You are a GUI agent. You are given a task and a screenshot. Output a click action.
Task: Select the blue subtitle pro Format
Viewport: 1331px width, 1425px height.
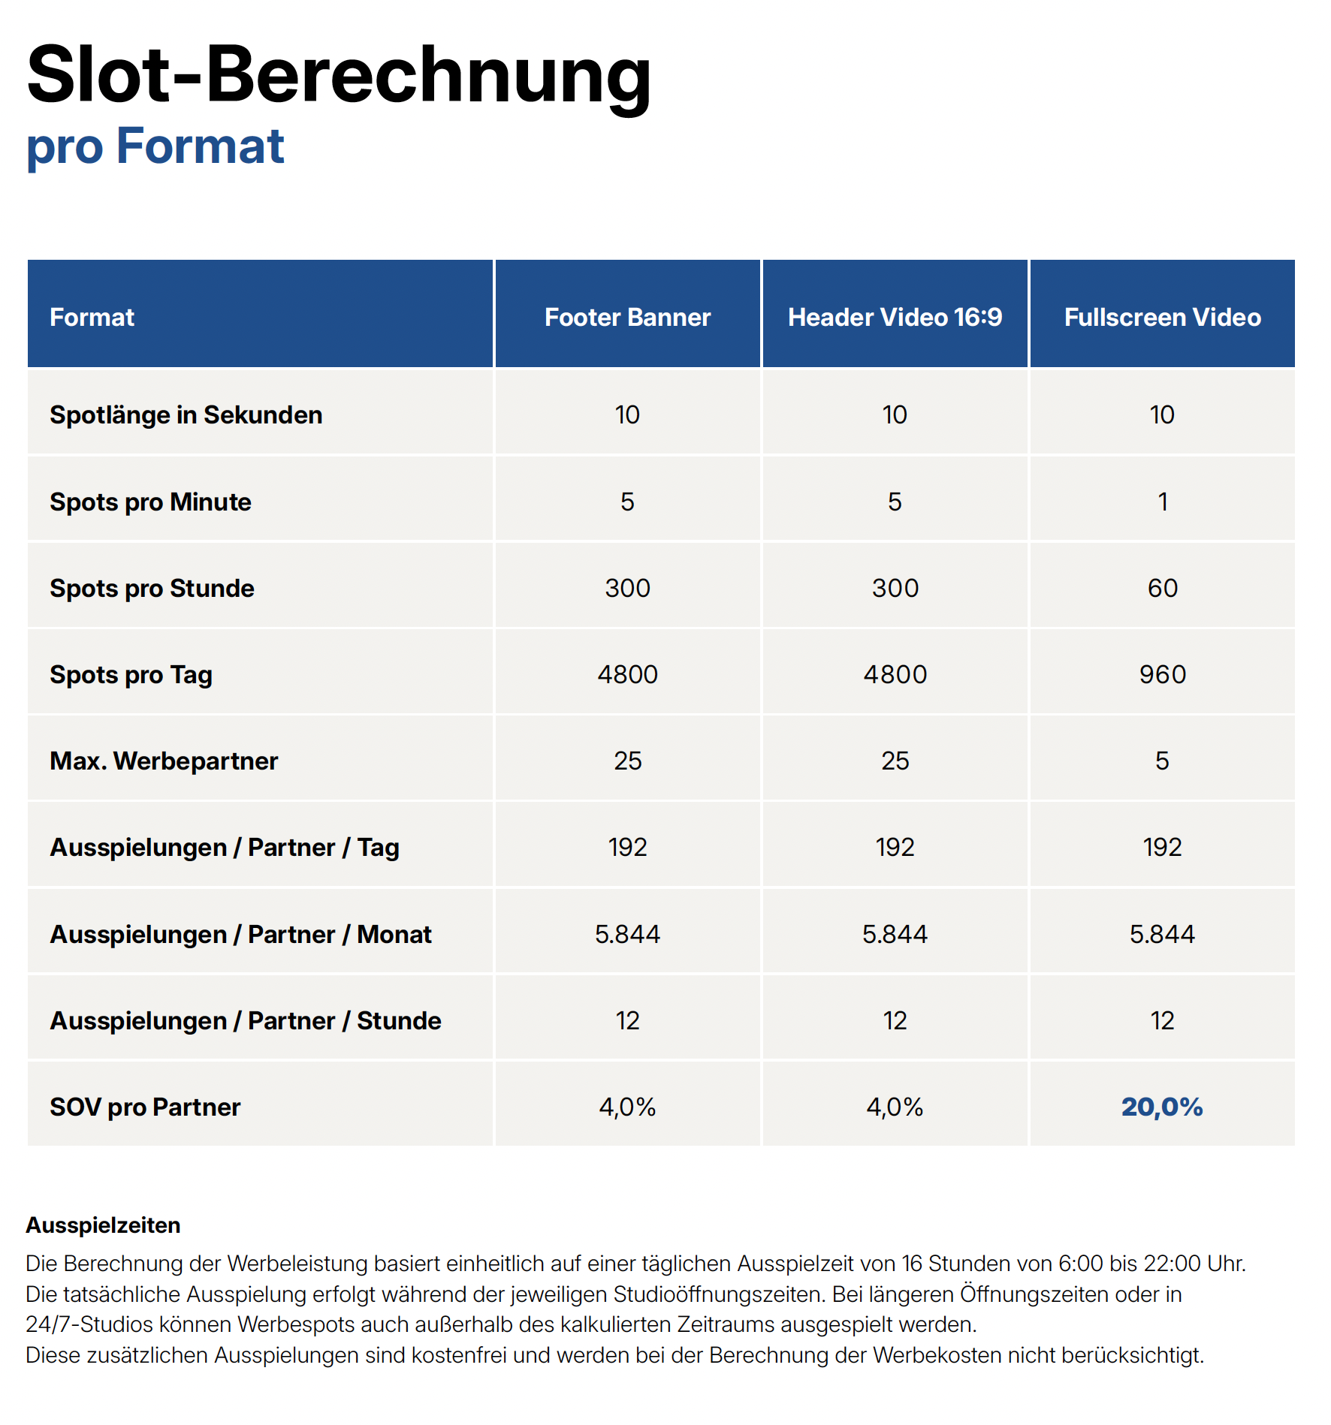pyautogui.click(x=155, y=146)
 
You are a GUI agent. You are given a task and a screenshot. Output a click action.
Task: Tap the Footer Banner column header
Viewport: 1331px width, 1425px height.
pyautogui.click(x=627, y=317)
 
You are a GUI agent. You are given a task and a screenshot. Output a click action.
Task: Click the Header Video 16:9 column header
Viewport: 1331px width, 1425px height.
pyautogui.click(x=895, y=317)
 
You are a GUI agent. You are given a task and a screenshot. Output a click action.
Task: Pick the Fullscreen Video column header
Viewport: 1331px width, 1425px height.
pyautogui.click(x=1162, y=317)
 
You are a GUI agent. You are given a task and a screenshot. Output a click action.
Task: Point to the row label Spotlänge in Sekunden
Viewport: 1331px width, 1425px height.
pyautogui.click(x=186, y=414)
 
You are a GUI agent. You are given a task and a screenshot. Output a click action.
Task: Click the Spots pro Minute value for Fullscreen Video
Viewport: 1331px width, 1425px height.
pyautogui.click(x=1163, y=502)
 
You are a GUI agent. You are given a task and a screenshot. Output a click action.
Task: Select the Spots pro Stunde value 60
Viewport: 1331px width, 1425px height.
pyautogui.click(x=1162, y=588)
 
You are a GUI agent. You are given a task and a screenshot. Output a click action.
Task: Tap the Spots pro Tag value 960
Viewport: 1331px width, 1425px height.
pyautogui.click(x=1162, y=674)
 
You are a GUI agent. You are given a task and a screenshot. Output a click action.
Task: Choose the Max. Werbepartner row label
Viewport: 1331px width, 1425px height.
pyautogui.click(x=164, y=761)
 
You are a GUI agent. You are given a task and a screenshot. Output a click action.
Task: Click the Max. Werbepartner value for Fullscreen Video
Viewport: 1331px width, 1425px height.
pyautogui.click(x=1162, y=761)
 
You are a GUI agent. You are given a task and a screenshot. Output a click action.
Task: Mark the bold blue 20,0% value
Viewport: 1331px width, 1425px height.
pyautogui.click(x=1162, y=1107)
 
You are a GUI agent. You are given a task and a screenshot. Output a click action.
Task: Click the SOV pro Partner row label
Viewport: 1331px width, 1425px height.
pyautogui.click(x=145, y=1107)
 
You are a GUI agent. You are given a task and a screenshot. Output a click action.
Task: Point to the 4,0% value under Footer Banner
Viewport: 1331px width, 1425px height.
pyautogui.click(x=627, y=1107)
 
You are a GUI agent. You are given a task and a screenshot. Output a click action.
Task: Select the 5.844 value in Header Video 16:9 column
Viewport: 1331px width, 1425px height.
pyautogui.click(x=895, y=934)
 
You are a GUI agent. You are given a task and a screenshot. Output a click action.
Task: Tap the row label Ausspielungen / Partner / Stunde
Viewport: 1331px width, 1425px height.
pyautogui.click(x=246, y=1020)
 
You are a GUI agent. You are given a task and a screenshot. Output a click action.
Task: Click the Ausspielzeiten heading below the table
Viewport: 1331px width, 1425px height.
pyautogui.click(x=104, y=1225)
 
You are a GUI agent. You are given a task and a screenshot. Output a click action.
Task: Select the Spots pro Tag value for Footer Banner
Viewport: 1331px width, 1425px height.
pyautogui.click(x=627, y=674)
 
